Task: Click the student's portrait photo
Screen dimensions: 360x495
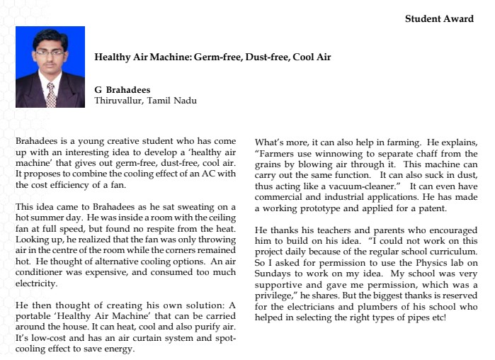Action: coord(50,67)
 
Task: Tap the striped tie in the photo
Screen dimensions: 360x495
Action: coord(51,94)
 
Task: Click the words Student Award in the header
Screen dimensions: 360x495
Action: coord(439,19)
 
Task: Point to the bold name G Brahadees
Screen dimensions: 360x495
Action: coord(123,90)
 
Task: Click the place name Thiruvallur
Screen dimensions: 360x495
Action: coord(120,101)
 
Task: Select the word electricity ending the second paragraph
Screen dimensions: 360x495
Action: coord(36,283)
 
